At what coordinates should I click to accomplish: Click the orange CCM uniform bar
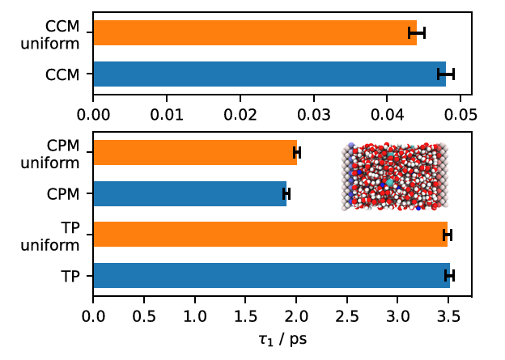coord(255,33)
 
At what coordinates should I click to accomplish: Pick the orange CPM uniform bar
coord(195,153)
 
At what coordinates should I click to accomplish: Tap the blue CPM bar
coord(190,194)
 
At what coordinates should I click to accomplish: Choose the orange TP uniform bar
coord(270,235)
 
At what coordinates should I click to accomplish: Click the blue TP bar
coord(271,276)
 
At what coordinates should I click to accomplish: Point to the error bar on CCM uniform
coord(417,33)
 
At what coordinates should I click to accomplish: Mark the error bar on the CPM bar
coord(286,194)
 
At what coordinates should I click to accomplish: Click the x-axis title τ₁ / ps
coord(282,338)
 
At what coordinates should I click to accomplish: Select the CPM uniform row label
coord(62,153)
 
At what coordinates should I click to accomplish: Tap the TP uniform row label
coord(62,235)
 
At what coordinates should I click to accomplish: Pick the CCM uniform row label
coord(62,33)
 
